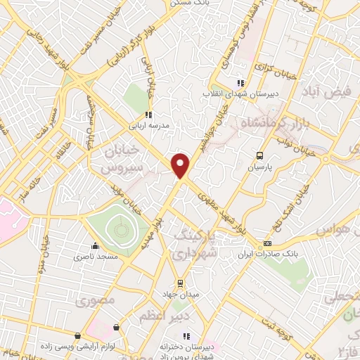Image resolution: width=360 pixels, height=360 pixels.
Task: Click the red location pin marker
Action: [181, 165]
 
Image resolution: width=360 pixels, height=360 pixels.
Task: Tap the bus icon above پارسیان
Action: [259, 155]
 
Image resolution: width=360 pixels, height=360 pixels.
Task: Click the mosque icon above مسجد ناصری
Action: [95, 246]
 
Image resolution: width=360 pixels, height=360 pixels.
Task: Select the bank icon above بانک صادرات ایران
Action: [266, 243]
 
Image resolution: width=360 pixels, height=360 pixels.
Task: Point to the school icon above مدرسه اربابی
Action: [148, 115]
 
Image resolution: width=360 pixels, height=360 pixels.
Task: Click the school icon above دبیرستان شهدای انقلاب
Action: [241, 82]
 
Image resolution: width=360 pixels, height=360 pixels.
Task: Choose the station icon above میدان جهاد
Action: [180, 283]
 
